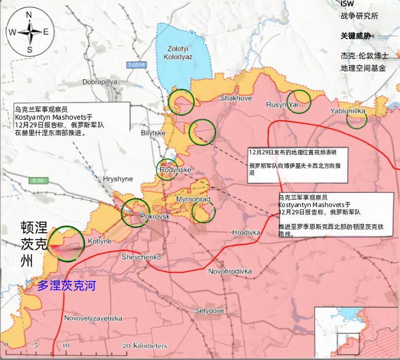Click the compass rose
point(29,32)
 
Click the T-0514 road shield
point(137,65)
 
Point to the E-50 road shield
point(36,180)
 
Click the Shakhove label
point(236,98)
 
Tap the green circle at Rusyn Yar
point(299,101)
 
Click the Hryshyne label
point(115,179)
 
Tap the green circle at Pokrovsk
point(135,213)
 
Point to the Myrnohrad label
point(193,199)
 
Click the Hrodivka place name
point(246,232)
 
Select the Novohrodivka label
point(230,271)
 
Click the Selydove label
point(210,311)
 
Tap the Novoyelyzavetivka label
point(93,318)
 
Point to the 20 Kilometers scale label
point(145,345)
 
